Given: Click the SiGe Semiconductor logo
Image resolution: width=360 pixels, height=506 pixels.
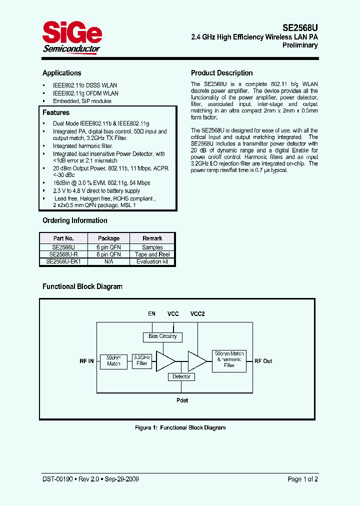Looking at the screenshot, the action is [x=71, y=37].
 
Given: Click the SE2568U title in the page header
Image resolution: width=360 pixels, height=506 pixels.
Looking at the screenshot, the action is [x=298, y=28].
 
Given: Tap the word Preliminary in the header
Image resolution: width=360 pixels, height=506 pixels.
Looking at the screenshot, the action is [x=300, y=45].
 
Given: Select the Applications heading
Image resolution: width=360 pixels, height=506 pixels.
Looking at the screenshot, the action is [x=61, y=73].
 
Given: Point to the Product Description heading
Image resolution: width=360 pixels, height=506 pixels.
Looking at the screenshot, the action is [x=222, y=73].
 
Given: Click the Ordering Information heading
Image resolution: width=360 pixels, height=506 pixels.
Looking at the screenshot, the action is [x=74, y=220].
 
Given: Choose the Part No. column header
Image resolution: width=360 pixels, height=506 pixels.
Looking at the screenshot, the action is [x=63, y=238].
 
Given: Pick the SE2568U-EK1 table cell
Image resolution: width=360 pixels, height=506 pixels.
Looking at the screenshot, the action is [x=63, y=261].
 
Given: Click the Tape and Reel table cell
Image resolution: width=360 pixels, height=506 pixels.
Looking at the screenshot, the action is [x=152, y=254].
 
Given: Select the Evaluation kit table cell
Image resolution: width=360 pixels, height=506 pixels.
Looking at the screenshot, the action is [x=152, y=261].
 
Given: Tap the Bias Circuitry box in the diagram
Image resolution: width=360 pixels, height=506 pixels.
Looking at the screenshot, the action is [x=162, y=336].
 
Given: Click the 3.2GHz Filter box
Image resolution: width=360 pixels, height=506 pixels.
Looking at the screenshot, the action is [x=142, y=360].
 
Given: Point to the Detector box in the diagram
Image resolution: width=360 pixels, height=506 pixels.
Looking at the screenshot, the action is [x=181, y=376].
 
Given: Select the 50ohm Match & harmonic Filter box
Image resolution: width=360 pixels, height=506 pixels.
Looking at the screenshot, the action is [x=229, y=360].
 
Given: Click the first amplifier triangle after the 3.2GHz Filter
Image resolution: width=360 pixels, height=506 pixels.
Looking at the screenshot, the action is [x=165, y=361].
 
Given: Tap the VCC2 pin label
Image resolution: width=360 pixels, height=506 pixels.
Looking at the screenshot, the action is [x=197, y=314].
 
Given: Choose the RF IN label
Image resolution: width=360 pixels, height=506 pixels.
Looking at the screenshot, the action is [x=86, y=361].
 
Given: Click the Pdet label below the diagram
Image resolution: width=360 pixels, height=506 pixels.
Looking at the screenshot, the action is [x=182, y=400].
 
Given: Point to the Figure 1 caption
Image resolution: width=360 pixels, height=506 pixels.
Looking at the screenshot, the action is [x=180, y=427].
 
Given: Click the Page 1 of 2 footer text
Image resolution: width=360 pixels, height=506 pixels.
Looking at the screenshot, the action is [x=302, y=479].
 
